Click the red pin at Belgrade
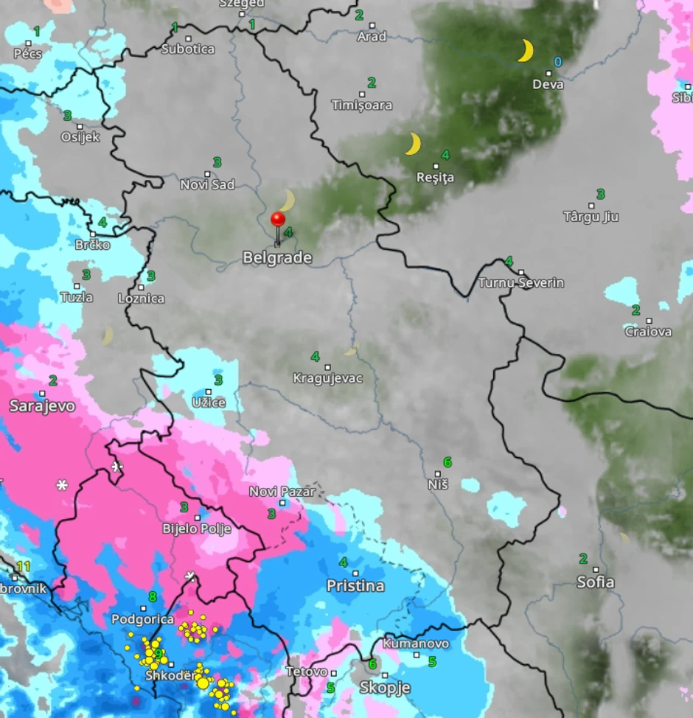[278, 220]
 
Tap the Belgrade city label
[277, 258]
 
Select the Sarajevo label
[42, 405]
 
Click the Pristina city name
[355, 586]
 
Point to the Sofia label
[595, 582]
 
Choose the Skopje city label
[384, 688]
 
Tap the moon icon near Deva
[524, 51]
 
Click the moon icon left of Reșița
[413, 144]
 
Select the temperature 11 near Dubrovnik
[23, 566]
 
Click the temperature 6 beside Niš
[447, 462]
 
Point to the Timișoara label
[362, 105]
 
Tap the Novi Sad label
[207, 184]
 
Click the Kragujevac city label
[328, 379]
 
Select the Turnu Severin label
[521, 283]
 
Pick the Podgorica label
[143, 620]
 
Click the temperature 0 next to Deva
[557, 63]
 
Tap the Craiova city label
[648, 332]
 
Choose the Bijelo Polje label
[197, 529]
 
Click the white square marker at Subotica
[188, 38]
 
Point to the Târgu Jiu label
[591, 217]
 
